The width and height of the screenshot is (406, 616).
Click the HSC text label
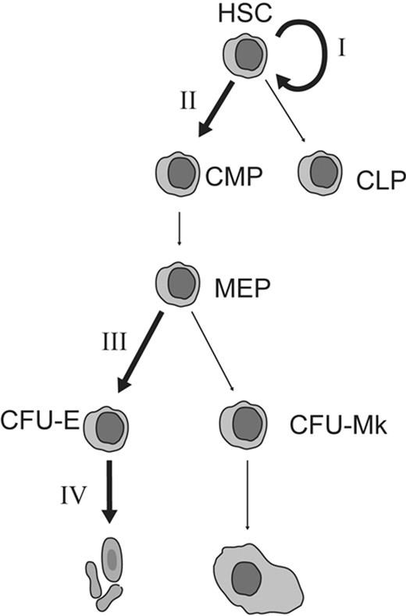[x=244, y=13]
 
